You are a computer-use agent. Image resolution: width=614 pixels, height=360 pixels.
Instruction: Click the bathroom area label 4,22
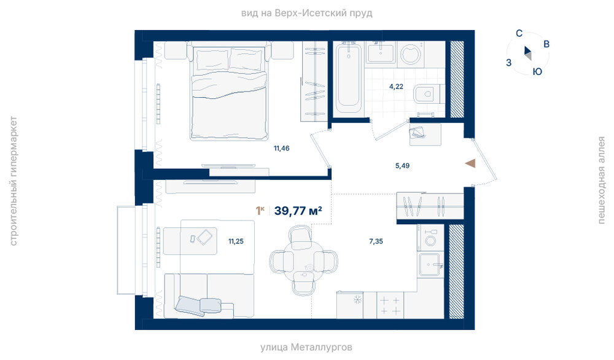coord(396,87)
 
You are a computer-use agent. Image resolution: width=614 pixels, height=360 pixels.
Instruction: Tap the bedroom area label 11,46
coord(282,149)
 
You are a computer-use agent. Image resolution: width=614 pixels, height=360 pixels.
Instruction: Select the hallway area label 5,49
coord(402,166)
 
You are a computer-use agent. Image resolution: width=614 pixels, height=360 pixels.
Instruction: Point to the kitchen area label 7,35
coord(376,241)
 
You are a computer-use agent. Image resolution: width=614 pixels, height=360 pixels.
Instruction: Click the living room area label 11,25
coord(236,241)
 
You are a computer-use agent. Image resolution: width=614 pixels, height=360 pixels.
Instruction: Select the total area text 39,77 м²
coord(298,211)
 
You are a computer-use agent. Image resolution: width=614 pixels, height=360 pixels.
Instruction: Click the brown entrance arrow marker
coord(470,163)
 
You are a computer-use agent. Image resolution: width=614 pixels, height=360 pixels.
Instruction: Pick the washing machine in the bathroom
coord(410,54)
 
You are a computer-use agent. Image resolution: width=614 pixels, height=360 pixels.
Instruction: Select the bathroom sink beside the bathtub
coord(380,53)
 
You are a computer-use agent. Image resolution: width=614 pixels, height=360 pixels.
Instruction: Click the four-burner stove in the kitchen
coord(390,305)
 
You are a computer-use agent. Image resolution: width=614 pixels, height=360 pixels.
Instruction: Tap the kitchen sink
coord(430,265)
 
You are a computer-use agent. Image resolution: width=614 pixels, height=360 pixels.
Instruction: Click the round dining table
coord(303,260)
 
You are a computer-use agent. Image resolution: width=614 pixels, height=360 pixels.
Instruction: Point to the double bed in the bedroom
coord(229,92)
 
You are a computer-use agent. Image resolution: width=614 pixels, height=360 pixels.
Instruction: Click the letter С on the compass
coord(519,33)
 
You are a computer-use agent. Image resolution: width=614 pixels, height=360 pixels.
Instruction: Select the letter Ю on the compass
coord(537,72)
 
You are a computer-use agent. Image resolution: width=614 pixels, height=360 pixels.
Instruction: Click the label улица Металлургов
coord(306,347)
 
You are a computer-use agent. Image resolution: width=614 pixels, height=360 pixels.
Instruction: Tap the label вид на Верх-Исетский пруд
coord(306,14)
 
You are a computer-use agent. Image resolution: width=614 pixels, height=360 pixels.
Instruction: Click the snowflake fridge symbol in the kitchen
coord(357,300)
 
